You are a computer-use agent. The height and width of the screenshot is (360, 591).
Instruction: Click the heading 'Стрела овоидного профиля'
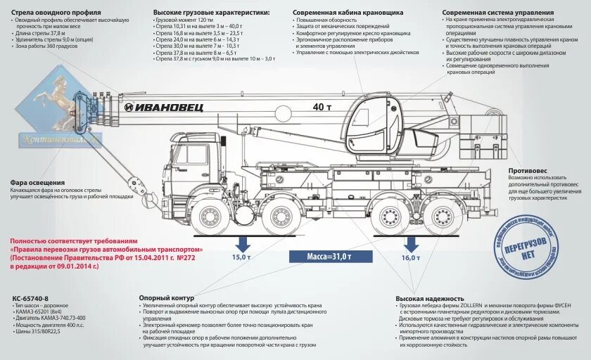57,13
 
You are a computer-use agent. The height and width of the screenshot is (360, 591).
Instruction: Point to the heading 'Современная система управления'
488,13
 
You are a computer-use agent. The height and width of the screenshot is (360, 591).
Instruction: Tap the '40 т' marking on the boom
323,107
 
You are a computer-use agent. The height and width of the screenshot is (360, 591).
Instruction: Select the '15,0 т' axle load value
242,257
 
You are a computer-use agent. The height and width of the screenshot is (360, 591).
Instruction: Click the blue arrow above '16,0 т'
410,243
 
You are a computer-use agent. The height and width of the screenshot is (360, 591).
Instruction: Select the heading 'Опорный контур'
166,298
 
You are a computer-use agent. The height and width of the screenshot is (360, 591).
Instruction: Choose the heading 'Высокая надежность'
429,298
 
